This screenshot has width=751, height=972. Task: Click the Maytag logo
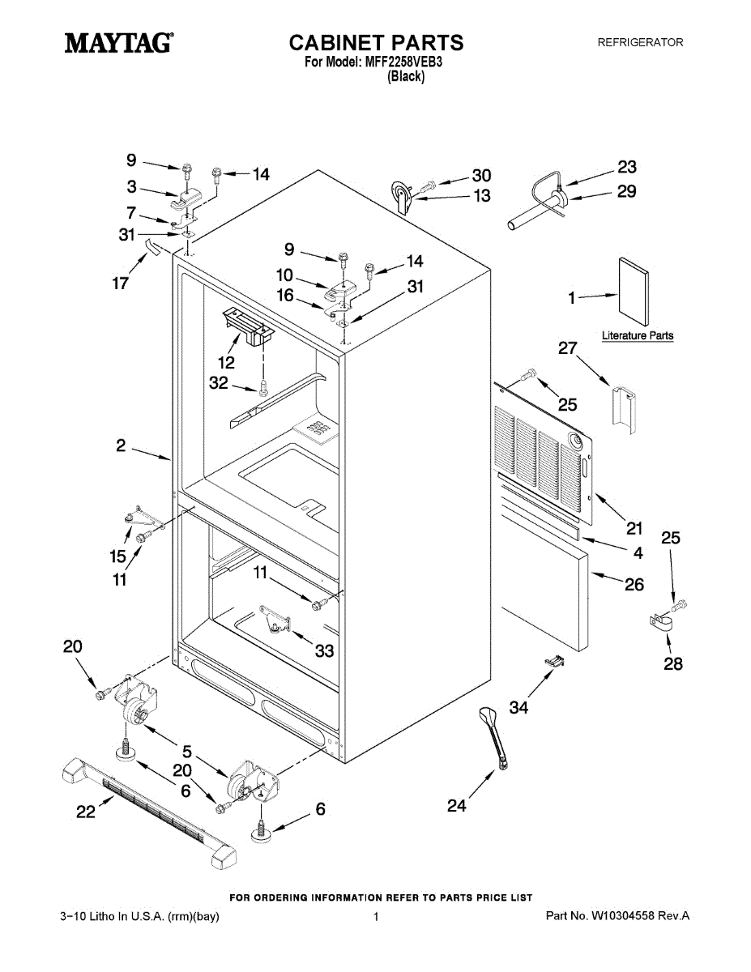point(118,42)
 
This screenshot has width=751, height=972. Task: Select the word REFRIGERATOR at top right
point(640,42)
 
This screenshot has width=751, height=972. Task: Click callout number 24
point(457,805)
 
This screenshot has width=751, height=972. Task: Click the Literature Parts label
point(638,335)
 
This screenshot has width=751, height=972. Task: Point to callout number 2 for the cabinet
point(120,445)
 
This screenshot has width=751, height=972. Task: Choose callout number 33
point(324,650)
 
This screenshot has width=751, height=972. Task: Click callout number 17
point(121,284)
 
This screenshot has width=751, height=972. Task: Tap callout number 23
point(627,167)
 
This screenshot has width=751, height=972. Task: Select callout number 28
point(672,664)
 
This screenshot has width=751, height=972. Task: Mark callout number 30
point(481,175)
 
